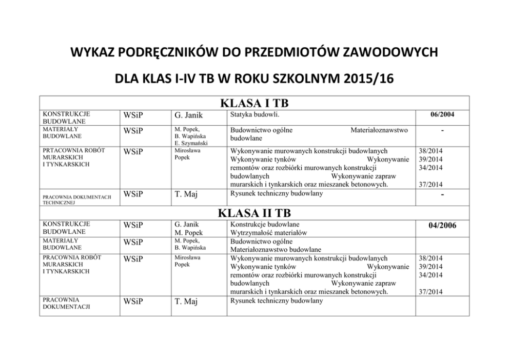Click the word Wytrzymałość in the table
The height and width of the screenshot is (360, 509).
coord(250,232)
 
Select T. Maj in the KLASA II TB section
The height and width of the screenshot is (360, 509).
coord(186,302)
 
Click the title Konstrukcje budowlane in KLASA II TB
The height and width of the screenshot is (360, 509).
coord(265,224)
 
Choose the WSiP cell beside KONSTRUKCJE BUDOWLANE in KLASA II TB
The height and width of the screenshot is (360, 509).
coord(133,226)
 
